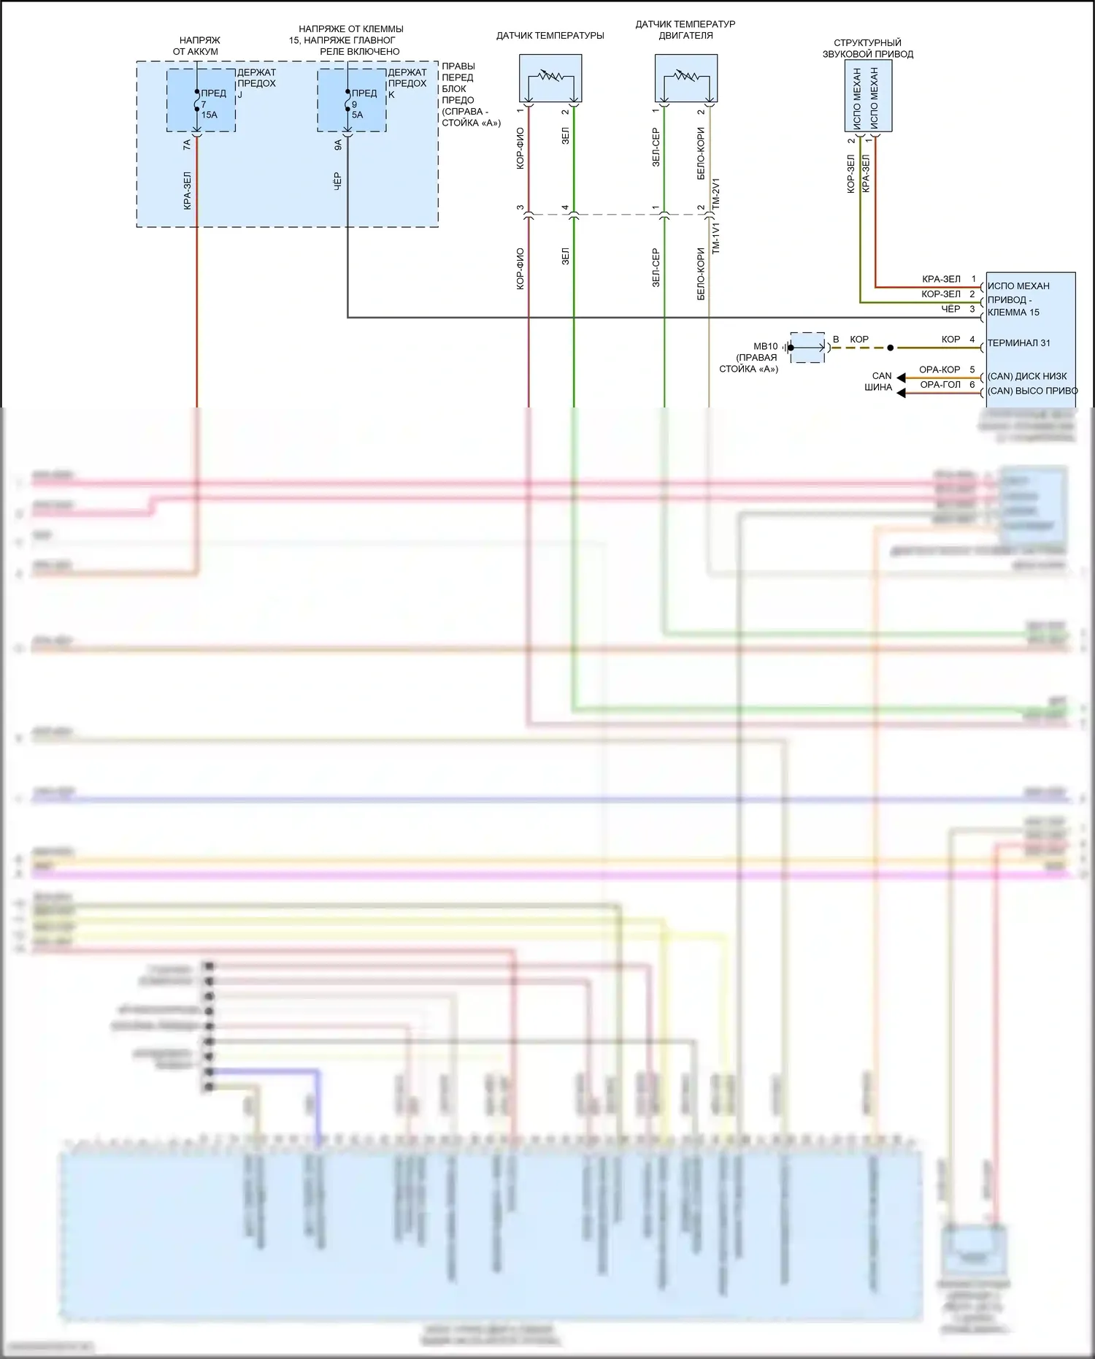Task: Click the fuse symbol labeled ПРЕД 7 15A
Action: (x=197, y=101)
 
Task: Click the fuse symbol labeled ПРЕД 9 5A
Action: (x=347, y=101)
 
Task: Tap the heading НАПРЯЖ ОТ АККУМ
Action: (x=196, y=46)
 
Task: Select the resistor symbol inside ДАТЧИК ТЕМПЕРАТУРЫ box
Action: (x=550, y=75)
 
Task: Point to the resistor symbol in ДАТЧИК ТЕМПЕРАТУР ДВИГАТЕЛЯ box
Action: (x=686, y=75)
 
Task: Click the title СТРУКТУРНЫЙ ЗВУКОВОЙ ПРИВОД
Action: (x=867, y=48)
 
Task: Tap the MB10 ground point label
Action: (x=765, y=346)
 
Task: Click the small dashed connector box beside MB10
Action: (x=807, y=348)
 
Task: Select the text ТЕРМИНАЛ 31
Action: (x=1018, y=343)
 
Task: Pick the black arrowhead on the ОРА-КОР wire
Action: (x=902, y=378)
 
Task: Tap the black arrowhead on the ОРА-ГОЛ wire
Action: (x=902, y=393)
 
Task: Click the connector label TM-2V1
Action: (x=716, y=194)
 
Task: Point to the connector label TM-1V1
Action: (x=716, y=238)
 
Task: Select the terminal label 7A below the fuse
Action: (x=187, y=145)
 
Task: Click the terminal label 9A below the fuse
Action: (x=338, y=145)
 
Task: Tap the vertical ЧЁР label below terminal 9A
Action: (x=337, y=182)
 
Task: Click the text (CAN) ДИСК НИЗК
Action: (x=1027, y=376)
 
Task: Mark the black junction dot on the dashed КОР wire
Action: (x=890, y=348)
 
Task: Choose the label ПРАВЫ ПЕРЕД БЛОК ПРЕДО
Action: (x=458, y=83)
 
